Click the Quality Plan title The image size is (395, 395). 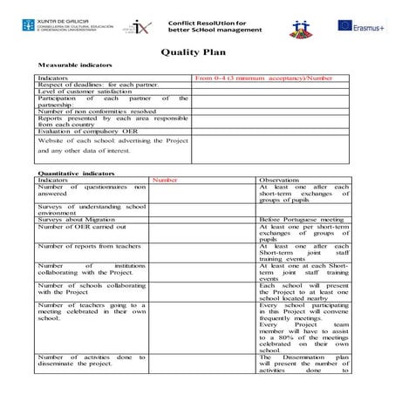pos(197,51)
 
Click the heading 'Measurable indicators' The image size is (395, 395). pos(75,66)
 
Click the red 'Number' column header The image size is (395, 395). pos(165,180)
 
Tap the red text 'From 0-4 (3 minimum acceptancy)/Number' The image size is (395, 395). pos(263,78)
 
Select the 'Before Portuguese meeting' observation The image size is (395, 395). pos(302,219)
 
